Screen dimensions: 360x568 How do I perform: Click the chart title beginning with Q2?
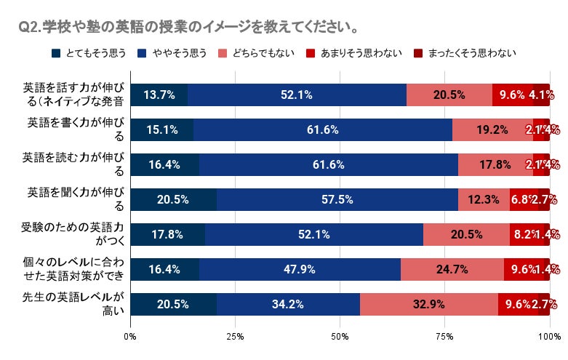(188, 28)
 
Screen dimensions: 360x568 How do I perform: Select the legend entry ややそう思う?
(173, 52)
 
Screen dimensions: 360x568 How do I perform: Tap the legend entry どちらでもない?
(258, 52)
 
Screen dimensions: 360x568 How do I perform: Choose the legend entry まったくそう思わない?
(465, 52)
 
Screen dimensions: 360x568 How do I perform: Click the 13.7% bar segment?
(159, 95)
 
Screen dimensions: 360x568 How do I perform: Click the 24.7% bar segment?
(452, 269)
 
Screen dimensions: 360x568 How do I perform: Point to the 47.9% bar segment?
(300, 269)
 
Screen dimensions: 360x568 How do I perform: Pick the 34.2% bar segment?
(288, 304)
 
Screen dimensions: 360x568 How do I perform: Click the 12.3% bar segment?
(483, 199)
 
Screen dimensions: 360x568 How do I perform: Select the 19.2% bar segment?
(492, 129)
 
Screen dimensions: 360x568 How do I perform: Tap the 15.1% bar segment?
(161, 129)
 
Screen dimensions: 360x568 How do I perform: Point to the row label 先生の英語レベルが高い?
(73, 304)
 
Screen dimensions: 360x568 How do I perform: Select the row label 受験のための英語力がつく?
(73, 234)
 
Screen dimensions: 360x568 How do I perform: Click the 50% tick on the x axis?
(340, 336)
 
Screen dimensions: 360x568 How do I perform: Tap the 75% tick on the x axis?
(444, 336)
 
